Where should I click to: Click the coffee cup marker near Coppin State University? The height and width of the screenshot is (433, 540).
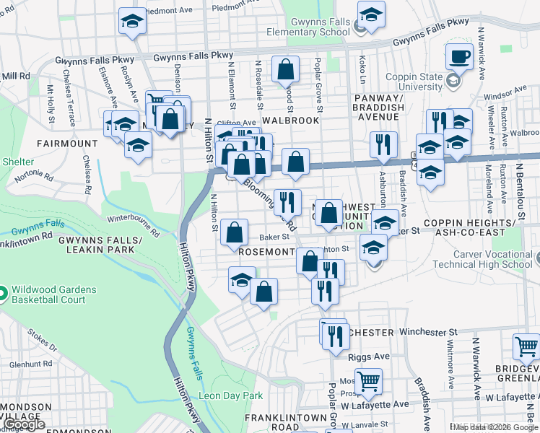click(459, 56)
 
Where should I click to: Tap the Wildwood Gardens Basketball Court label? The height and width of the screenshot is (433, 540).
click(53, 294)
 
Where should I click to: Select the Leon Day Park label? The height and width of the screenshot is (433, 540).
click(231, 395)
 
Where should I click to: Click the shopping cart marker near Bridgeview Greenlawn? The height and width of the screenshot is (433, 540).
click(526, 347)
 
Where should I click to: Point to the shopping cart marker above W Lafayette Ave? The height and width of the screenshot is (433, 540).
click(369, 380)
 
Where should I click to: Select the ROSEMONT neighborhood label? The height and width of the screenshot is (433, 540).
click(266, 252)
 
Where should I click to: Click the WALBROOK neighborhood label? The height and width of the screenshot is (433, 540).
click(291, 120)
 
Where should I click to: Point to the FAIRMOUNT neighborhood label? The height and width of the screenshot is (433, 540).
click(69, 144)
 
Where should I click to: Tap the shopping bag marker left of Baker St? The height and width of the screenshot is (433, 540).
click(234, 233)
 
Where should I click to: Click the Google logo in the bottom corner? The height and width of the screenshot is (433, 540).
click(23, 424)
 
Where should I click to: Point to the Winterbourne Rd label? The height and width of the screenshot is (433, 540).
click(133, 224)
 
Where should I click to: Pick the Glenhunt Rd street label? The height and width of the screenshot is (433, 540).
click(24, 364)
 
